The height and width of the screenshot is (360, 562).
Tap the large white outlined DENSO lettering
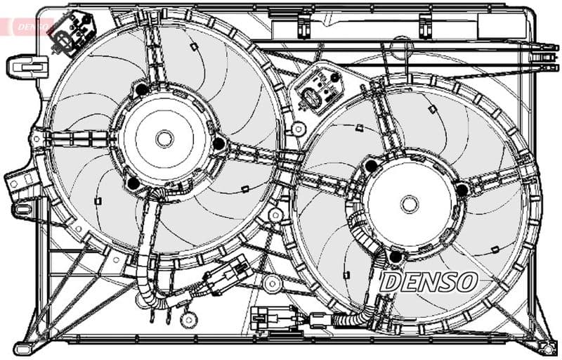(428, 282)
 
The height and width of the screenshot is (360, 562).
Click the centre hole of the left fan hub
(164, 139)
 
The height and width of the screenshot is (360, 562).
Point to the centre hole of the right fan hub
(410, 204)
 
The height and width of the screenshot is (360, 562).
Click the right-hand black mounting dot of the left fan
(218, 144)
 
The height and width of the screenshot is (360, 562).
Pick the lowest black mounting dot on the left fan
(133, 184)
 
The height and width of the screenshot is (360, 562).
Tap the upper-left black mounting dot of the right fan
(370, 166)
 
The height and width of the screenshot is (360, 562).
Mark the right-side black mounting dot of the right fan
(462, 190)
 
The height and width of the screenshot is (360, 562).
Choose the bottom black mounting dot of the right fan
(395, 257)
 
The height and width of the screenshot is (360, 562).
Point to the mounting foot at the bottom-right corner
(544, 347)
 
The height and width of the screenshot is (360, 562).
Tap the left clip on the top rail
(303, 27)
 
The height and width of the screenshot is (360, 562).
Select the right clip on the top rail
(425, 26)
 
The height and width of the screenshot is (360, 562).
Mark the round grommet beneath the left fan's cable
(188, 319)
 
